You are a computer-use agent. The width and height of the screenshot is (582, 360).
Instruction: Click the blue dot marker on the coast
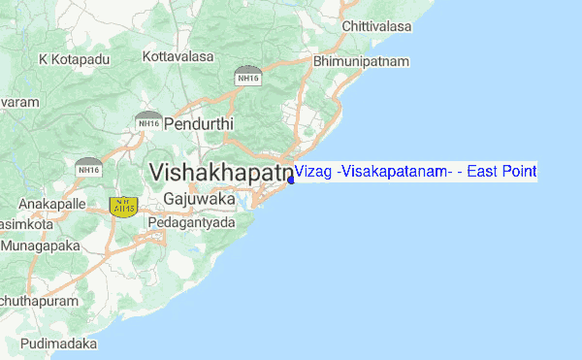click(x=291, y=180)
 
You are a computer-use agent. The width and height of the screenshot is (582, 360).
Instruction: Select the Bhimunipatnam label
click(x=362, y=61)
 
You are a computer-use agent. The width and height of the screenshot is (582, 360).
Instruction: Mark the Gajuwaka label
click(x=200, y=198)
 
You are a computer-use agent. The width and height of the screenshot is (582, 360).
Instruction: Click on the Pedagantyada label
click(x=191, y=222)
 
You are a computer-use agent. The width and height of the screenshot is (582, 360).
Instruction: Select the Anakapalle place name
click(x=52, y=205)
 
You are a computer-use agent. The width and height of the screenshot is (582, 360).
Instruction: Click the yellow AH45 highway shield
click(x=124, y=207)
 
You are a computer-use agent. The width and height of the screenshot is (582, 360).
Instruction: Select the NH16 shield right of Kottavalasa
click(x=247, y=75)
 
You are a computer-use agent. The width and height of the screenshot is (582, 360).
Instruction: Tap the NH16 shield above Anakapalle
click(x=89, y=167)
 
